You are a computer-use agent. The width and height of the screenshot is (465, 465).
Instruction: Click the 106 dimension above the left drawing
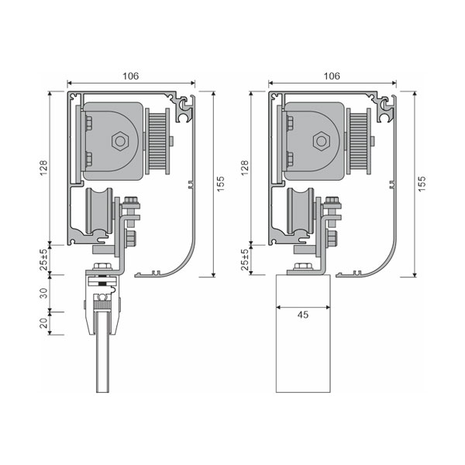pos(131,76)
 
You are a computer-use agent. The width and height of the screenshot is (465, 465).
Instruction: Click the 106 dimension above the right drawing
pos(332,76)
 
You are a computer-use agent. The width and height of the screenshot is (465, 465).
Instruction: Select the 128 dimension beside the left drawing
pos(44,168)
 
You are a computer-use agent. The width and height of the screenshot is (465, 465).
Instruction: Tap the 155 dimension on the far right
pos(422,184)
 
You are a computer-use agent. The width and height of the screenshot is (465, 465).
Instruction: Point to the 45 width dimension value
pos(303,315)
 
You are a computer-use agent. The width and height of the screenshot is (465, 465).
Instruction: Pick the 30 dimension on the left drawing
pos(44,293)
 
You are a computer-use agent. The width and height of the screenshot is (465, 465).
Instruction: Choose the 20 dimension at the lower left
pos(44,323)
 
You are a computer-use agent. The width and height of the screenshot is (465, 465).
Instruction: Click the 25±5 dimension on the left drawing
pos(44,260)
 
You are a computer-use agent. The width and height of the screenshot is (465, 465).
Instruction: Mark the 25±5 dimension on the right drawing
pos(245,260)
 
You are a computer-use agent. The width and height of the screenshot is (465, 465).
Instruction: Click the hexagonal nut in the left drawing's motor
pos(120,142)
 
